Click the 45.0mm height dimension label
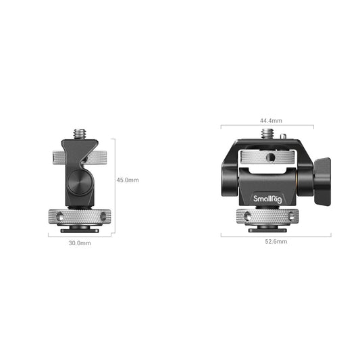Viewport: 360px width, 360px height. coord(128,180)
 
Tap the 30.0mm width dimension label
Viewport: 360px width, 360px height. coord(80,242)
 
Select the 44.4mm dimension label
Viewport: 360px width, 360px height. coord(271,120)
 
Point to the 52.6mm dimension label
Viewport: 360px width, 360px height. coord(276,241)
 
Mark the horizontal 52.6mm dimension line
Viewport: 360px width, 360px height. coord(276,235)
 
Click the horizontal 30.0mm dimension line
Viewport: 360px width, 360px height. coord(80,236)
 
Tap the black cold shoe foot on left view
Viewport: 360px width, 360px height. coord(80,229)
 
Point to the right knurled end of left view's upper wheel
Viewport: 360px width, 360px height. coord(103,159)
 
